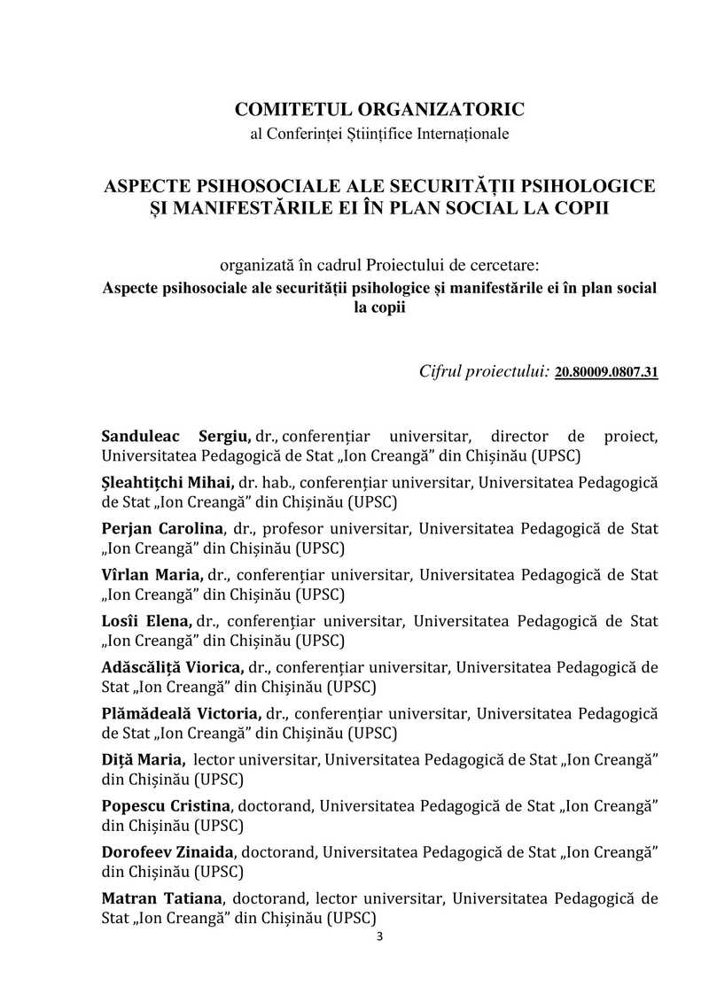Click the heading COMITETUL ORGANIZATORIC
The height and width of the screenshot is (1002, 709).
[x=379, y=110]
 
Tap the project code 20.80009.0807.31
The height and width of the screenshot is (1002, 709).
[x=606, y=373]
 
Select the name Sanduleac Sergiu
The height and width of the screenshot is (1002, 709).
[x=176, y=437]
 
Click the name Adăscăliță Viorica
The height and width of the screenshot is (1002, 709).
[x=172, y=667]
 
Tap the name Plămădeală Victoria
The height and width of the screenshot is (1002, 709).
[x=181, y=713]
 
